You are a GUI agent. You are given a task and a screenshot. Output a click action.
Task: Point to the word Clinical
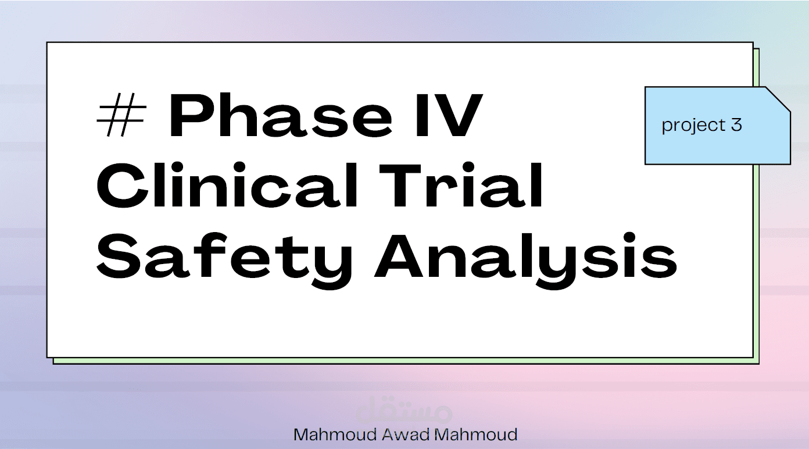(x=226, y=186)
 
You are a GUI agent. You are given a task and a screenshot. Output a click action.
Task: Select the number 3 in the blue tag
(x=737, y=125)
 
